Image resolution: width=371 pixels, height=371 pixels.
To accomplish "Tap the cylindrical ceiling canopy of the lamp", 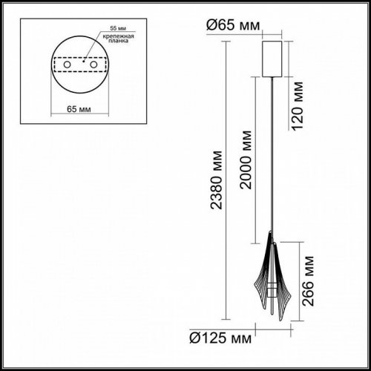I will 274,57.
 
